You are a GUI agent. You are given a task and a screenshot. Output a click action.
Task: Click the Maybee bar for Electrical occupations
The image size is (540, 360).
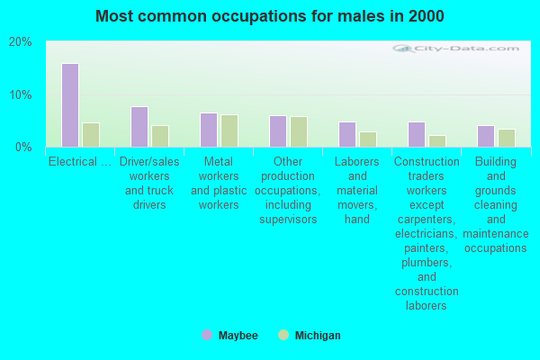point(69,105)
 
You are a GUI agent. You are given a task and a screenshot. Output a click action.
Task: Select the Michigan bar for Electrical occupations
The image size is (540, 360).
point(91,135)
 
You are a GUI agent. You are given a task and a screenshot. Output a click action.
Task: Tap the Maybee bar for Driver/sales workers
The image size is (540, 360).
point(139,127)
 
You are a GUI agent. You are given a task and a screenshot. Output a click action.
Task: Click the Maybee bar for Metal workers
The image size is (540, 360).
point(208,130)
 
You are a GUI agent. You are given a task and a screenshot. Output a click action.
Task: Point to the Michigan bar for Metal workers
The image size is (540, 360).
point(229,130)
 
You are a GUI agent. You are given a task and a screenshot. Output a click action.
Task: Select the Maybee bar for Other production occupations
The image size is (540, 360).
point(277,131)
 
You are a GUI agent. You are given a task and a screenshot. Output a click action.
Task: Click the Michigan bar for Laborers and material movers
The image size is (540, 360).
point(368,139)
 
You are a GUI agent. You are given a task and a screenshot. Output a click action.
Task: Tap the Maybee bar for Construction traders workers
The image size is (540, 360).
point(416,134)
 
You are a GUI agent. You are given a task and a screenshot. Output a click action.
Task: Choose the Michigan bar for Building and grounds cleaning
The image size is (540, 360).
point(507,138)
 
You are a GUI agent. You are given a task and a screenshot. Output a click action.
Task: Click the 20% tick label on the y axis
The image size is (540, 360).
point(21,42)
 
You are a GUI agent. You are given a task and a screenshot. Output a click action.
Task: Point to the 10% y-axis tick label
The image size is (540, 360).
point(21,94)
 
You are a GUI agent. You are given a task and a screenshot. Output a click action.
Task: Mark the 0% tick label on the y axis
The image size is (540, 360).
point(23,147)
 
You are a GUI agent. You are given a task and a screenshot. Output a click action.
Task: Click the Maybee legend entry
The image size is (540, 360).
point(230,336)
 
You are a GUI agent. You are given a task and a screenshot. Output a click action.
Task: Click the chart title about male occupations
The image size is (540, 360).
point(269,16)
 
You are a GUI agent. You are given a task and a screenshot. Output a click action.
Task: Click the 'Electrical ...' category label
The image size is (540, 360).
point(80,162)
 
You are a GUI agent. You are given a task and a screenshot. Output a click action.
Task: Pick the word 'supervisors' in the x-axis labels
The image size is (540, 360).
point(288,220)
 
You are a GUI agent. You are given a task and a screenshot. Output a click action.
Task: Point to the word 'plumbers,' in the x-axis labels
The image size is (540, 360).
point(427,263)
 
